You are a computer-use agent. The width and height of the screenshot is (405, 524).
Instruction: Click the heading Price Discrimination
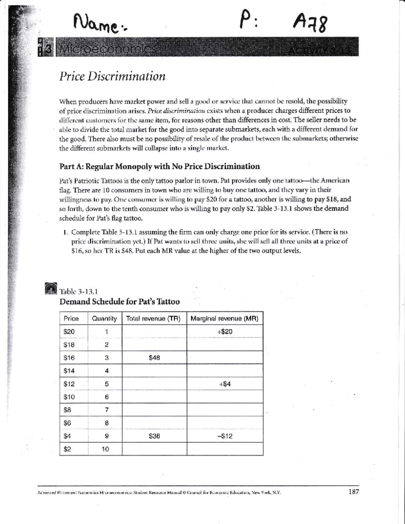click(x=112, y=76)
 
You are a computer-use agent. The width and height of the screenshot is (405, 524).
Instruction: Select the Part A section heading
click(x=160, y=166)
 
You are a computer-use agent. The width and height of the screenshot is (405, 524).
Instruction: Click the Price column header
click(x=71, y=319)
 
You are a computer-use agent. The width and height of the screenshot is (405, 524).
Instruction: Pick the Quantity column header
click(x=104, y=319)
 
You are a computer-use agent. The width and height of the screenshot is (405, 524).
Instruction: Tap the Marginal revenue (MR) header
click(x=224, y=319)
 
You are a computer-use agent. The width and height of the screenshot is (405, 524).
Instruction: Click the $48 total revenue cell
click(x=154, y=358)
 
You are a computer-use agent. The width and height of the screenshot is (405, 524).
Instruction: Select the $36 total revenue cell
click(x=154, y=436)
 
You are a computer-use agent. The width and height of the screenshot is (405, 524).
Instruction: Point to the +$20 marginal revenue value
click(x=225, y=332)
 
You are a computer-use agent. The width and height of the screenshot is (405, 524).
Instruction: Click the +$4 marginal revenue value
click(x=225, y=384)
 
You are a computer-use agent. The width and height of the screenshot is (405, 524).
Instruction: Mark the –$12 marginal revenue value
click(x=225, y=436)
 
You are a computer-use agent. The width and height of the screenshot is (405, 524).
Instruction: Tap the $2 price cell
click(x=67, y=449)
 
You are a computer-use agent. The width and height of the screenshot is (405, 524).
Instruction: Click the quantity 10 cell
click(x=105, y=449)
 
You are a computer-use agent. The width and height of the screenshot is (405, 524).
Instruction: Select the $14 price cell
click(x=69, y=371)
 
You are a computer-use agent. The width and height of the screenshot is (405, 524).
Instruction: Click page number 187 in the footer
click(x=353, y=492)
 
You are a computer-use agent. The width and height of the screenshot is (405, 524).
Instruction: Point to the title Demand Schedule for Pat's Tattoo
click(x=119, y=302)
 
